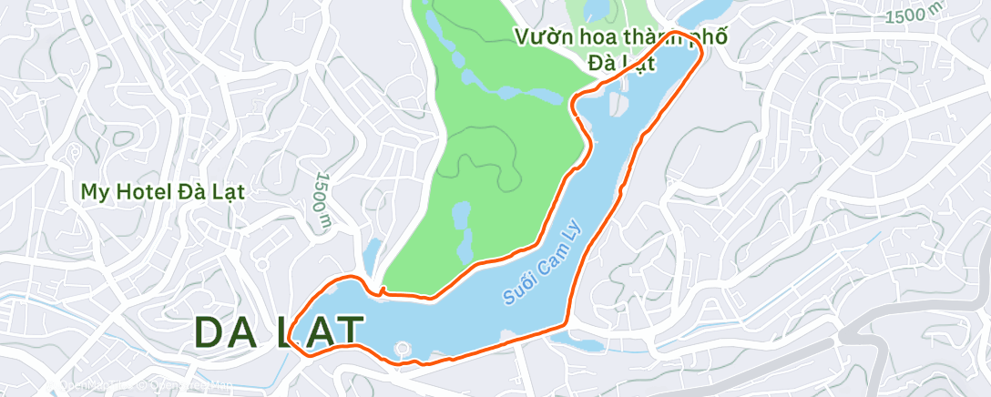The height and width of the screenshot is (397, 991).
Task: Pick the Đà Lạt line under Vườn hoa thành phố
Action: tap(619, 65)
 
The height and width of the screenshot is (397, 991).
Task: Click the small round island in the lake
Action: tap(402, 347)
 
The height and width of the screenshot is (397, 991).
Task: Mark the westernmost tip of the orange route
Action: tap(289, 338)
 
